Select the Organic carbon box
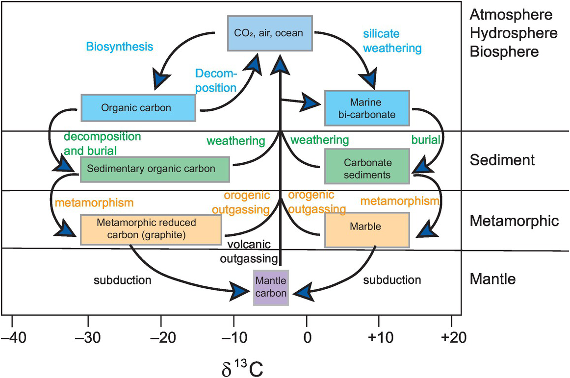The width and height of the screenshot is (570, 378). coord(138,107)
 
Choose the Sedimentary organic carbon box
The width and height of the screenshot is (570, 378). coord(155,169)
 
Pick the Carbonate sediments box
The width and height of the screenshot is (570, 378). coord(367,169)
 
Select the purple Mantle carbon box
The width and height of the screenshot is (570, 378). coord(270,287)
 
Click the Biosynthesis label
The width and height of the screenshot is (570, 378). coord(120,47)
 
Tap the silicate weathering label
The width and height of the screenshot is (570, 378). coord(392,41)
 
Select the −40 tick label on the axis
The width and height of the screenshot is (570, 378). coord(12,338)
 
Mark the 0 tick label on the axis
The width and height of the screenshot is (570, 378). coord(307,338)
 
